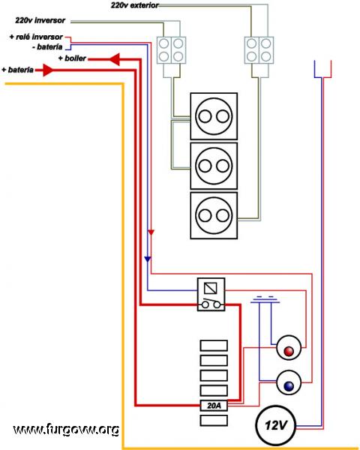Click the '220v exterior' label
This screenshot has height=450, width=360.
[x=135, y=5]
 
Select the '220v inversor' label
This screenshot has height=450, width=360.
[x=40, y=20]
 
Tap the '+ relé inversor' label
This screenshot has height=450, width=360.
[x=36, y=37]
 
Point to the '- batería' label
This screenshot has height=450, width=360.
[x=47, y=46]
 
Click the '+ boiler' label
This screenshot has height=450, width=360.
[x=72, y=58]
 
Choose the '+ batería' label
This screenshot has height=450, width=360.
[x=17, y=70]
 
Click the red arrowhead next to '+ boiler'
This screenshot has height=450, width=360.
[x=114, y=59]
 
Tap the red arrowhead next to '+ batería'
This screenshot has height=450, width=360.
[x=48, y=70]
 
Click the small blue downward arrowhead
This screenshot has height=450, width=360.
[x=148, y=259]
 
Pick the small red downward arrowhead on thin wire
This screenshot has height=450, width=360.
[x=151, y=232]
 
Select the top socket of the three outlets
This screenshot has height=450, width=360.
[x=214, y=116]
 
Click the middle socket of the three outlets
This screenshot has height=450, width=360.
[x=214, y=166]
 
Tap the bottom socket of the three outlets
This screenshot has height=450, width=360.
[x=214, y=215]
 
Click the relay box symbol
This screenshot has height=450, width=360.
[x=211, y=294]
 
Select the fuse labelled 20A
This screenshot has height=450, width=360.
[x=214, y=406]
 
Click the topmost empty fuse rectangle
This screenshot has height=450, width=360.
[x=214, y=346]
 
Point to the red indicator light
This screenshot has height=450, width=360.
[x=289, y=348]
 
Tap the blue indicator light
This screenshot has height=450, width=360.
[x=289, y=382]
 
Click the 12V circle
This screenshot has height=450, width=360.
[x=275, y=425]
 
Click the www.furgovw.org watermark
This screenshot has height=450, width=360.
[x=66, y=430]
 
